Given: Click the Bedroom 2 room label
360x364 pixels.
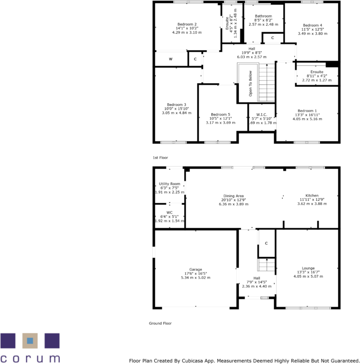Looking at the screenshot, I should click(x=187, y=24).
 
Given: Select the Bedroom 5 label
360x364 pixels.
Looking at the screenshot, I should click(x=220, y=114).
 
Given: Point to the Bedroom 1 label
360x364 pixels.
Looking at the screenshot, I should click(x=307, y=111).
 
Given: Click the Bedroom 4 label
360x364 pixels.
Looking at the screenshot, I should click(x=313, y=25).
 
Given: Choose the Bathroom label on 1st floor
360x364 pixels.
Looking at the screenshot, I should click(x=263, y=16).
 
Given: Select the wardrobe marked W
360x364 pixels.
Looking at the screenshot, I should click(x=170, y=59).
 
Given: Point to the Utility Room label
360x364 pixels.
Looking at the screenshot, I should click(x=169, y=183).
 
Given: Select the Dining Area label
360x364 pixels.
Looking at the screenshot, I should click(x=234, y=195).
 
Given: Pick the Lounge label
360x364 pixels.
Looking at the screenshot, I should click(x=308, y=268).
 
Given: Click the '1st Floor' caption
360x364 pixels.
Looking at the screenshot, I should click(x=160, y=158).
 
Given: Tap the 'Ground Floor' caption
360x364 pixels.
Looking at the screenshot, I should click(x=160, y=323).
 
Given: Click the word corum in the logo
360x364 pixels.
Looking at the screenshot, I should click(x=30, y=358).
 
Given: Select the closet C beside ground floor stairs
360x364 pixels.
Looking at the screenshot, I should click(x=267, y=243).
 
